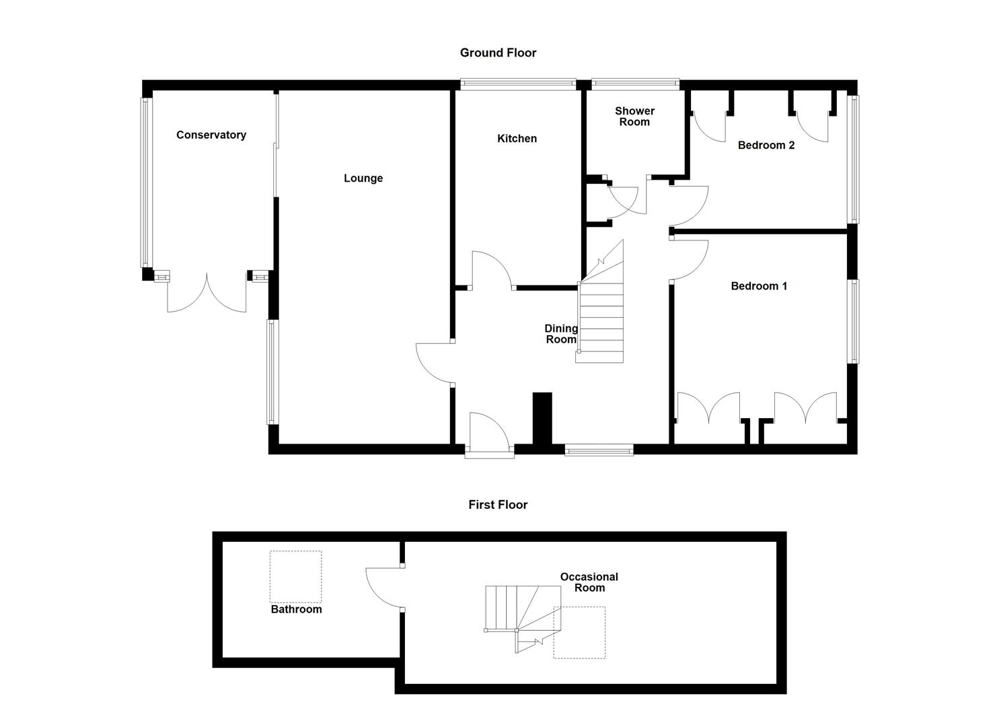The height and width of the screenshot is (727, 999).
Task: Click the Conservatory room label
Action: click(x=211, y=135)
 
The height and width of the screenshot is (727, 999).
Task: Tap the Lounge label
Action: click(x=363, y=178)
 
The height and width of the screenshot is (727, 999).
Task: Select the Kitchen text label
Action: click(x=517, y=139)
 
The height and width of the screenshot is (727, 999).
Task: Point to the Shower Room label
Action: click(x=634, y=116)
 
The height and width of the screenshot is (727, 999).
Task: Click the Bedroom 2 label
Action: click(x=766, y=145)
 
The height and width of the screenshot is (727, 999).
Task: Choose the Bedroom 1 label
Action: click(x=759, y=286)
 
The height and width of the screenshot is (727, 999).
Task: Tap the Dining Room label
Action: click(x=561, y=334)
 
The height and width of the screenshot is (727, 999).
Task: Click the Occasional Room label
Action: click(x=589, y=582)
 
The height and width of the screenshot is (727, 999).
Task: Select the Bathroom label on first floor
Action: click(x=296, y=609)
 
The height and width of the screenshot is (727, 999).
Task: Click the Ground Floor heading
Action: click(x=498, y=53)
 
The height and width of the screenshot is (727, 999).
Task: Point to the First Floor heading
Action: click(x=498, y=505)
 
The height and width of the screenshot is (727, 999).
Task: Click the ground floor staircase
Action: click(x=602, y=316)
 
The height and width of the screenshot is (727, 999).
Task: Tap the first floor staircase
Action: click(x=521, y=613)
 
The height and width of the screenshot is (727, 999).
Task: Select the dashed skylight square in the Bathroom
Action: click(x=296, y=577)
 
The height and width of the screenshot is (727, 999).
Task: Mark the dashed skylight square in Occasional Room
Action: click(x=579, y=632)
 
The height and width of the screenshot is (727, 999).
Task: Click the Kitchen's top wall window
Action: click(x=518, y=85)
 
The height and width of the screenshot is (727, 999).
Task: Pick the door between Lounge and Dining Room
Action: click(x=435, y=363)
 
